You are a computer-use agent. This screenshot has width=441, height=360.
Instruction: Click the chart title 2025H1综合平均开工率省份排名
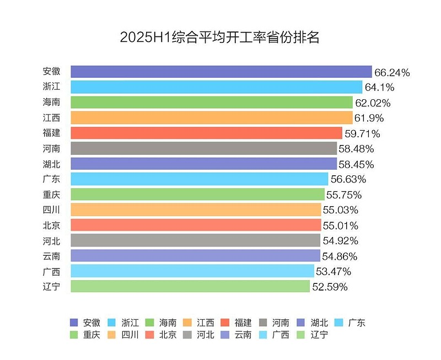click(220, 37)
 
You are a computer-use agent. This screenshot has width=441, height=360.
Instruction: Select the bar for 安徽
click(221, 72)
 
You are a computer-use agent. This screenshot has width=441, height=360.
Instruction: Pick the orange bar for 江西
click(211, 117)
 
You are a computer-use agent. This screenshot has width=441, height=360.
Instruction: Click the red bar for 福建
click(206, 133)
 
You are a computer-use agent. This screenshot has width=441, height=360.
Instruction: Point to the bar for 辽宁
click(190, 286)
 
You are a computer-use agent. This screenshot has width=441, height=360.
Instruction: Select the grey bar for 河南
click(203, 148)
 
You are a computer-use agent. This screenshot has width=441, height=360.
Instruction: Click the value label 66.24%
click(392, 72)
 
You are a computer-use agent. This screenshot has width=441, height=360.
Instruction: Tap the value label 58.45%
click(356, 164)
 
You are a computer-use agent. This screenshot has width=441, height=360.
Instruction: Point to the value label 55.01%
click(340, 225)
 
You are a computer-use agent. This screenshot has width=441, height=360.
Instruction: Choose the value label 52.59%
click(330, 287)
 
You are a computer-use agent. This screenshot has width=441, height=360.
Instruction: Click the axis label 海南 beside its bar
click(51, 102)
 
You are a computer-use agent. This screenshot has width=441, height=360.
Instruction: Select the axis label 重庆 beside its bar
click(51, 194)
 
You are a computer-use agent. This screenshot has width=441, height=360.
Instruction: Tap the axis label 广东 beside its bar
click(51, 179)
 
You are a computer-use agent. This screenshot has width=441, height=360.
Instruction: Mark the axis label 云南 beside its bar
click(51, 255)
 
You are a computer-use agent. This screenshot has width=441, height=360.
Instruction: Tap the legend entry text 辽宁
click(320, 335)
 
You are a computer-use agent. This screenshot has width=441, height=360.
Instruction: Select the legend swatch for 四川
click(112, 335)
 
